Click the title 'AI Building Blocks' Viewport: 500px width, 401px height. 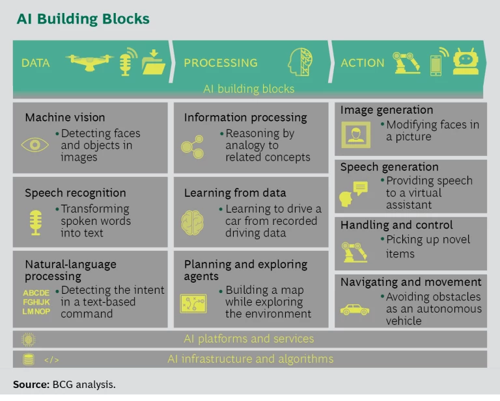83,18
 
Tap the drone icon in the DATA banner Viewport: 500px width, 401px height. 89,62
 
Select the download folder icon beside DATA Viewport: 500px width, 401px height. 154,62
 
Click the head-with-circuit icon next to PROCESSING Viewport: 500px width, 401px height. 300,62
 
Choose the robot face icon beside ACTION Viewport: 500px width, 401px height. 465,62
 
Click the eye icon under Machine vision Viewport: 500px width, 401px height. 35,145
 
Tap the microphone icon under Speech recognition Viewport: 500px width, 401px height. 35,221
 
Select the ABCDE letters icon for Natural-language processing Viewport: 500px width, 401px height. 36,302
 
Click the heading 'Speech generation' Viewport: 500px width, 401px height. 389,167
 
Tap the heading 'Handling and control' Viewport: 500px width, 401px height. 396,225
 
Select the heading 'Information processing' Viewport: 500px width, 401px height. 245,118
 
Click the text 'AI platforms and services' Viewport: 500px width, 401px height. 249,339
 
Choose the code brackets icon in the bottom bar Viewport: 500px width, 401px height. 51,359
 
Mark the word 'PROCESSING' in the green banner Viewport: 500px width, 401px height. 221,63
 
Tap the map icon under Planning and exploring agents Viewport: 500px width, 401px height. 193,303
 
